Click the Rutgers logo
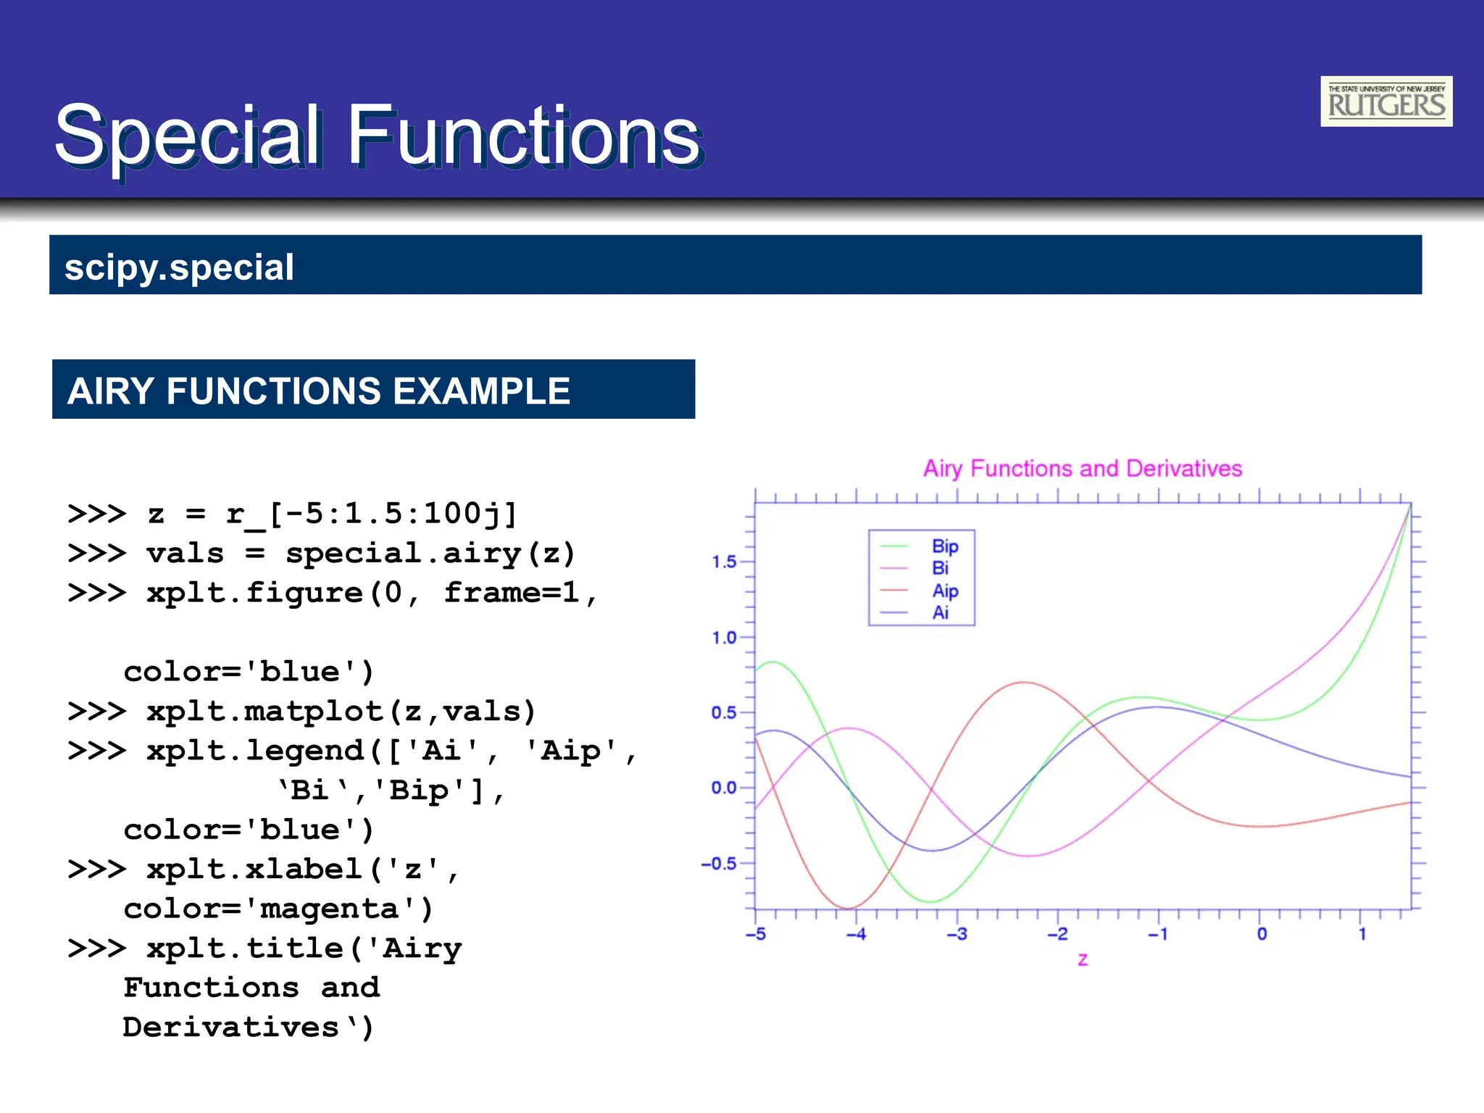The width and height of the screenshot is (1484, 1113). [x=1385, y=101]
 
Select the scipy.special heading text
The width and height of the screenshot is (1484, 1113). [x=179, y=267]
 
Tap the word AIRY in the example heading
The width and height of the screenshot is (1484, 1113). [x=109, y=391]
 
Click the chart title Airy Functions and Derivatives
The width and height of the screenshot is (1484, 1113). [x=1082, y=469]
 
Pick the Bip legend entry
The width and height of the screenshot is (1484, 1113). [x=944, y=546]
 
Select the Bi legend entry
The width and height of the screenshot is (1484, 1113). [x=940, y=569]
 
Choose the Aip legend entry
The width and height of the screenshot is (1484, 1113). [x=944, y=591]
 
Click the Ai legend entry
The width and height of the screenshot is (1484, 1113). [x=940, y=613]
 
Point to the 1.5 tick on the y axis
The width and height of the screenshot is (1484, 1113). [x=723, y=562]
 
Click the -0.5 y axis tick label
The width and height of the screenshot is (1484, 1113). [x=719, y=864]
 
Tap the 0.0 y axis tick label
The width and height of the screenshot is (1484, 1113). [x=723, y=788]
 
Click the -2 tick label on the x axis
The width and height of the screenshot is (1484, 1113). [x=1057, y=935]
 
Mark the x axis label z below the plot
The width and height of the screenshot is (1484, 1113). [x=1083, y=960]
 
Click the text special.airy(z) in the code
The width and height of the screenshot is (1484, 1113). [x=430, y=554]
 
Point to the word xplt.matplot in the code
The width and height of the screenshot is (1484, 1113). [x=264, y=712]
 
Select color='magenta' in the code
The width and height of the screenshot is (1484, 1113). [x=278, y=909]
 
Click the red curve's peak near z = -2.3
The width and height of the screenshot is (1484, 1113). [x=1023, y=683]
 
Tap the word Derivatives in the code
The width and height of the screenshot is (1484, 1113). [x=230, y=1027]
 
